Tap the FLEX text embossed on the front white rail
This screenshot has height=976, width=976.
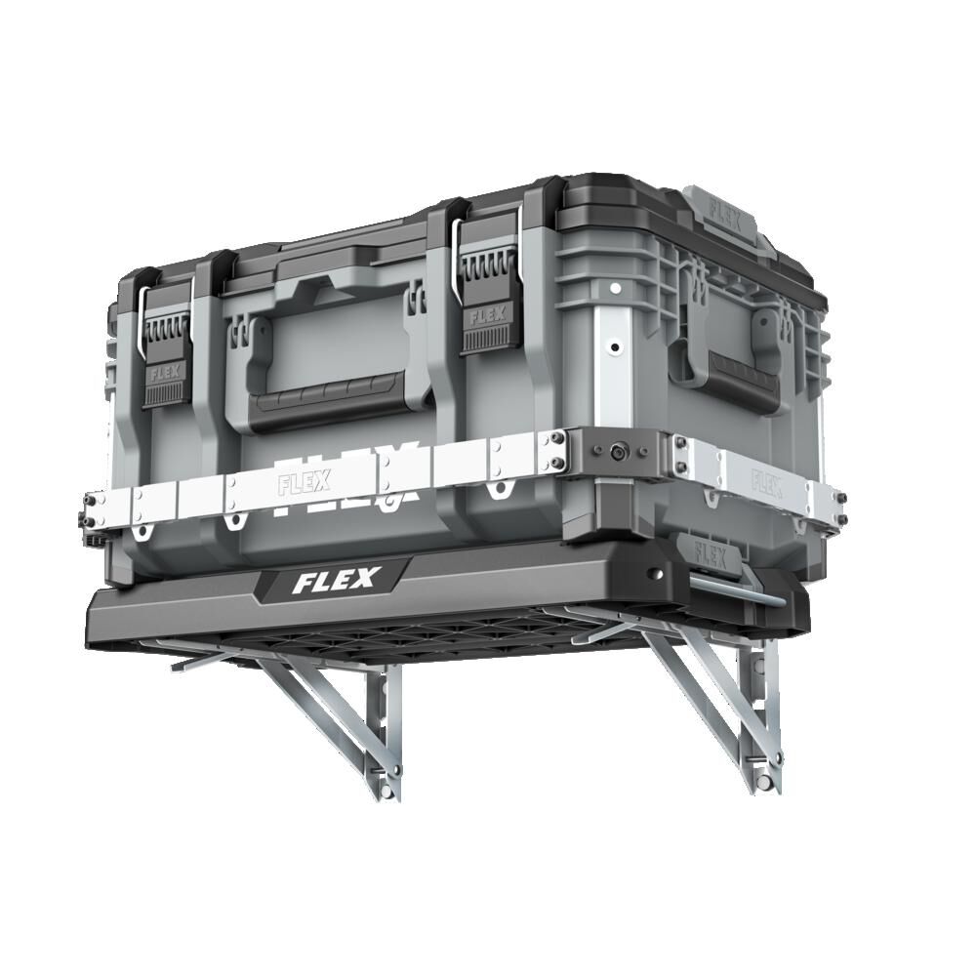[304, 482]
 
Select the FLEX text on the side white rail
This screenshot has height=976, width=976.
[766, 480]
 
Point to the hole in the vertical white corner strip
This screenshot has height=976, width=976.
[614, 346]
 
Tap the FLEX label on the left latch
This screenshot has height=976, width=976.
[161, 373]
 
